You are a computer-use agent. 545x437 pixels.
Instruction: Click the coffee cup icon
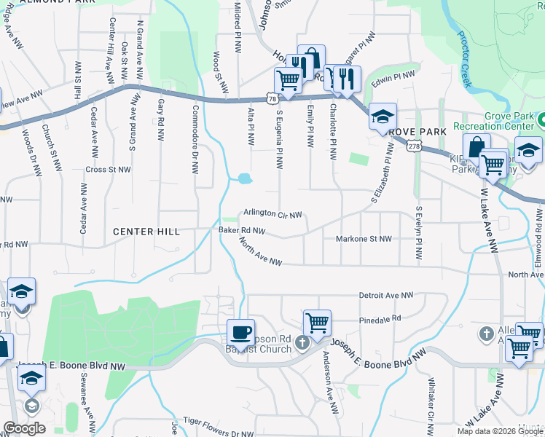click(240, 333)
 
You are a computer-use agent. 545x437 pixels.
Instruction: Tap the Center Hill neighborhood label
click(146, 232)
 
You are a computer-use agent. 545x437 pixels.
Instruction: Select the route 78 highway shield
click(272, 98)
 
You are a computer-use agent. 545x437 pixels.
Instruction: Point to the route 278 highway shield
click(415, 146)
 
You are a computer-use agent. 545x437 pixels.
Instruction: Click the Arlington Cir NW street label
click(272, 214)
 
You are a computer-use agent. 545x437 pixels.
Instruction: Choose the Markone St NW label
click(364, 239)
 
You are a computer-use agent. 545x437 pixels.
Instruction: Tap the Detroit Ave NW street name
click(386, 296)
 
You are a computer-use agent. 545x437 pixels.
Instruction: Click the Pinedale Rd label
click(380, 319)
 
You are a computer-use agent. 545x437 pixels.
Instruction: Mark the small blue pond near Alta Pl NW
click(244, 178)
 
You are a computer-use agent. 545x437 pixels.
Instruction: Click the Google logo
click(24, 428)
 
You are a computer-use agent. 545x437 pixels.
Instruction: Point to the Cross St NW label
click(108, 169)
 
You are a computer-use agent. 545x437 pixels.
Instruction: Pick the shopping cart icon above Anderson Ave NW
click(317, 323)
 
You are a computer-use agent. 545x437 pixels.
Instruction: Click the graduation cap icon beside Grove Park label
click(383, 117)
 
